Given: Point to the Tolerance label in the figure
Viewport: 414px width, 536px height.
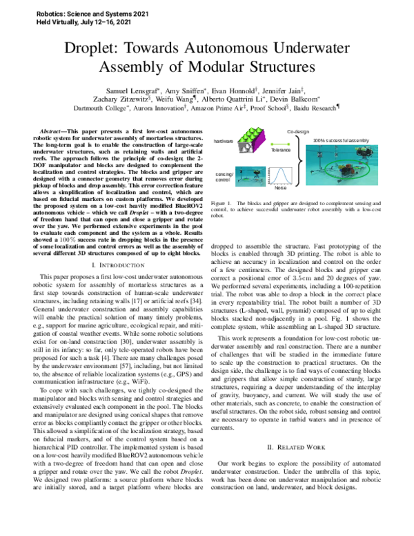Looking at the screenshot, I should [281, 149].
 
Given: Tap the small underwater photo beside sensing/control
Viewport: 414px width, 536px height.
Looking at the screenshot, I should [250, 177].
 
